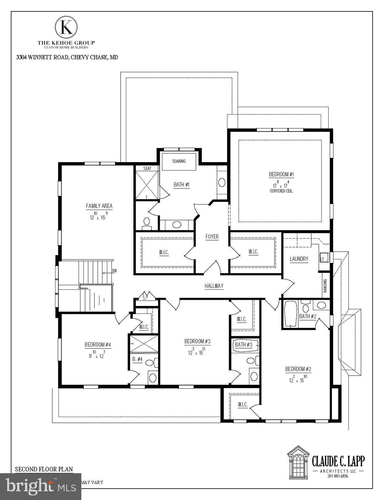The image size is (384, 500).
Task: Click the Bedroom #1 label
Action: coord(281,174)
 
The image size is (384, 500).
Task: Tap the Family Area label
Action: coord(99,206)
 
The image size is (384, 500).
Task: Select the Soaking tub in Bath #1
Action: coord(179,161)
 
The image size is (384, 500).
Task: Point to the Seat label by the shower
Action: coord(147,168)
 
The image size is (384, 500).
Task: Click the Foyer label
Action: coord(212,237)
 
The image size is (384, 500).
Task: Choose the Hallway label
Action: coord(214,286)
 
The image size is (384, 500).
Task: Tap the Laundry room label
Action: coord(299,259)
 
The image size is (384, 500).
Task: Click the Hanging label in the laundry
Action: coord(325,286)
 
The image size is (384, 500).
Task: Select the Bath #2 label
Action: coord(307,316)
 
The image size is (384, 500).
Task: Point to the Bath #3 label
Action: coord(244,344)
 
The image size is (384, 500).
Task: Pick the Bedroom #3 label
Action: coord(197,341)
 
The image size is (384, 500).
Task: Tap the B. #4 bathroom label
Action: coord(137,359)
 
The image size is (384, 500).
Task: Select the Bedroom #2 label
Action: coord(298,369)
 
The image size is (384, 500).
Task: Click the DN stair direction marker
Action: coord(114,271)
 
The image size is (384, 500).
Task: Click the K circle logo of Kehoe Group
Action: coord(66,27)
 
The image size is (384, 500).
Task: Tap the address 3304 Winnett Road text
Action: coord(67,57)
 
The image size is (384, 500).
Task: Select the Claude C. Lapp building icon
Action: coord(298,462)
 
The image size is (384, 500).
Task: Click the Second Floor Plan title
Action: coord(44,469)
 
